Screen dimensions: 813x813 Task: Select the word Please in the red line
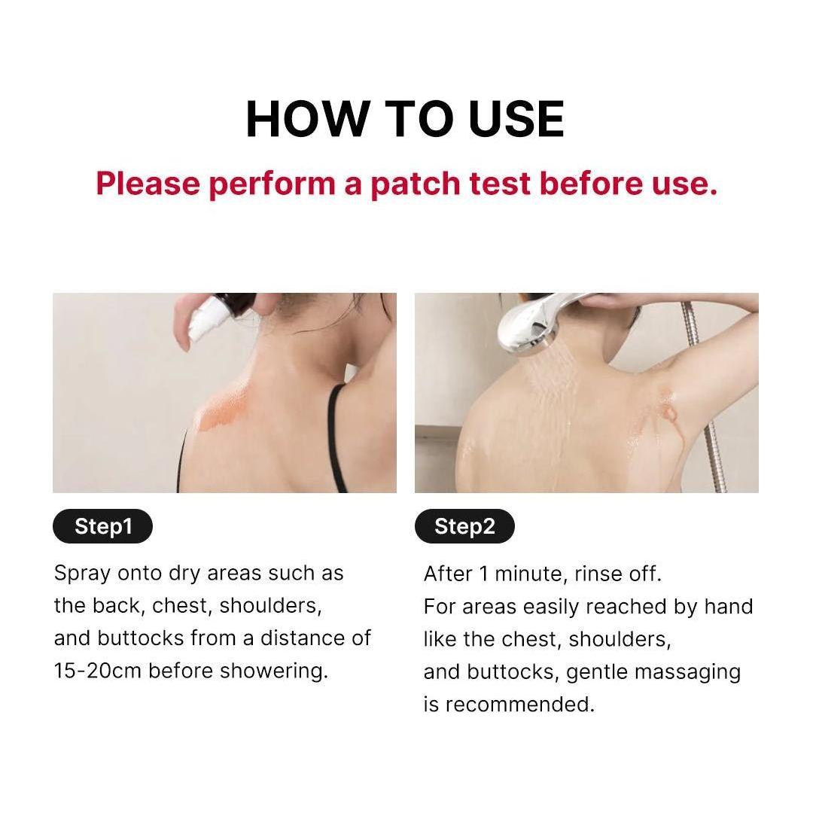(x=147, y=184)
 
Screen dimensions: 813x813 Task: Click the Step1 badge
(x=102, y=526)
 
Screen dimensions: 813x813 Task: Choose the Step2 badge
(x=464, y=526)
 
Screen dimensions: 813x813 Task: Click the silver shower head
(x=527, y=320)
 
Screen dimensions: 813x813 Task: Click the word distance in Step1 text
(x=307, y=638)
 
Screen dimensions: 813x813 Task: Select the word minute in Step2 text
(x=527, y=574)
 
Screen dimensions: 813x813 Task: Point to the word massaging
(x=693, y=671)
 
